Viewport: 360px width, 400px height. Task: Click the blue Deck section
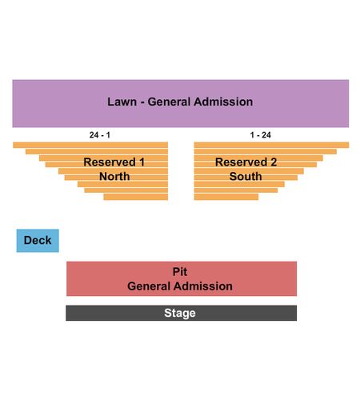(x=38, y=241)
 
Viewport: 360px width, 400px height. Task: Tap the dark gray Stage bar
(x=181, y=313)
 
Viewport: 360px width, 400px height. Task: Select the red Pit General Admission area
(x=182, y=278)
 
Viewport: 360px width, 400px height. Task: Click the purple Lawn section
(x=181, y=103)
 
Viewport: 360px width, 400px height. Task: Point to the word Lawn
(x=122, y=102)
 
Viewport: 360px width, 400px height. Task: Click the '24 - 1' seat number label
(x=100, y=135)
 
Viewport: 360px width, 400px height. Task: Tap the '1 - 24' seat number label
(x=260, y=135)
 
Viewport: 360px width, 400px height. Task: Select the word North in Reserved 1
(x=114, y=177)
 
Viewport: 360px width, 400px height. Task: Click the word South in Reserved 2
(x=246, y=177)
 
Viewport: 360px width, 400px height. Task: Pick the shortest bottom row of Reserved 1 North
(x=136, y=197)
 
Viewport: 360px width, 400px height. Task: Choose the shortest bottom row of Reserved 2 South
(x=226, y=197)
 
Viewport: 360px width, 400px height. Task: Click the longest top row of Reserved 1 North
(x=90, y=145)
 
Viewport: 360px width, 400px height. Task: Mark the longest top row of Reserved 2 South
(x=271, y=145)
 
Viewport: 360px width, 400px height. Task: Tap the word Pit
(x=180, y=272)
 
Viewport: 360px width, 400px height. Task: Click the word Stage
(x=180, y=313)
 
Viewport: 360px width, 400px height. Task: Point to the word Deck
(x=38, y=240)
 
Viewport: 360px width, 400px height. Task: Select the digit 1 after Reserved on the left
(x=142, y=162)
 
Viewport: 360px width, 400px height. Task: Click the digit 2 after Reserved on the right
(x=274, y=162)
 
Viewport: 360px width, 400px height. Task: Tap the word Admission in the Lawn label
(x=223, y=102)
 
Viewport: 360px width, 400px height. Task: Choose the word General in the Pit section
(x=148, y=286)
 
